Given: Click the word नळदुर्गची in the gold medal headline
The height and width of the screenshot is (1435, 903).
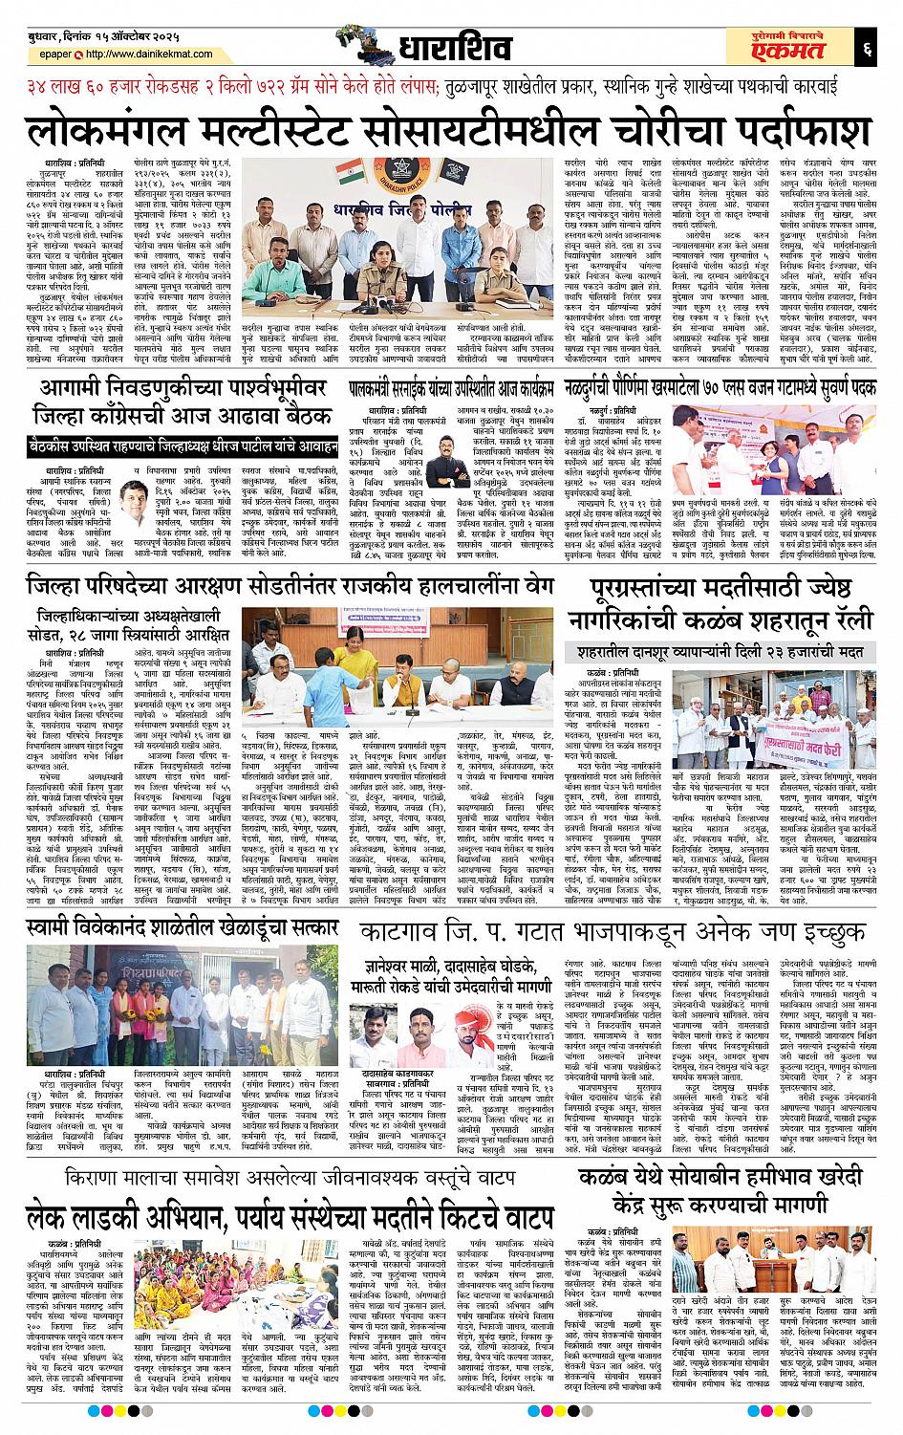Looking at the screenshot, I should [x=610, y=390].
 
